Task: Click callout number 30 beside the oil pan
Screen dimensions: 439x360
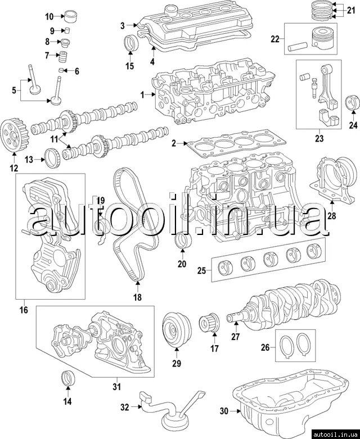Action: [x=224, y=411]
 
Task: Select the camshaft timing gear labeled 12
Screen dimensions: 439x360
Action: [x=13, y=133]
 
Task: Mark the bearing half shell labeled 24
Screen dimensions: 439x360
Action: [x=353, y=103]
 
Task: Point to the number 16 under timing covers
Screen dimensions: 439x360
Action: [x=24, y=309]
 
